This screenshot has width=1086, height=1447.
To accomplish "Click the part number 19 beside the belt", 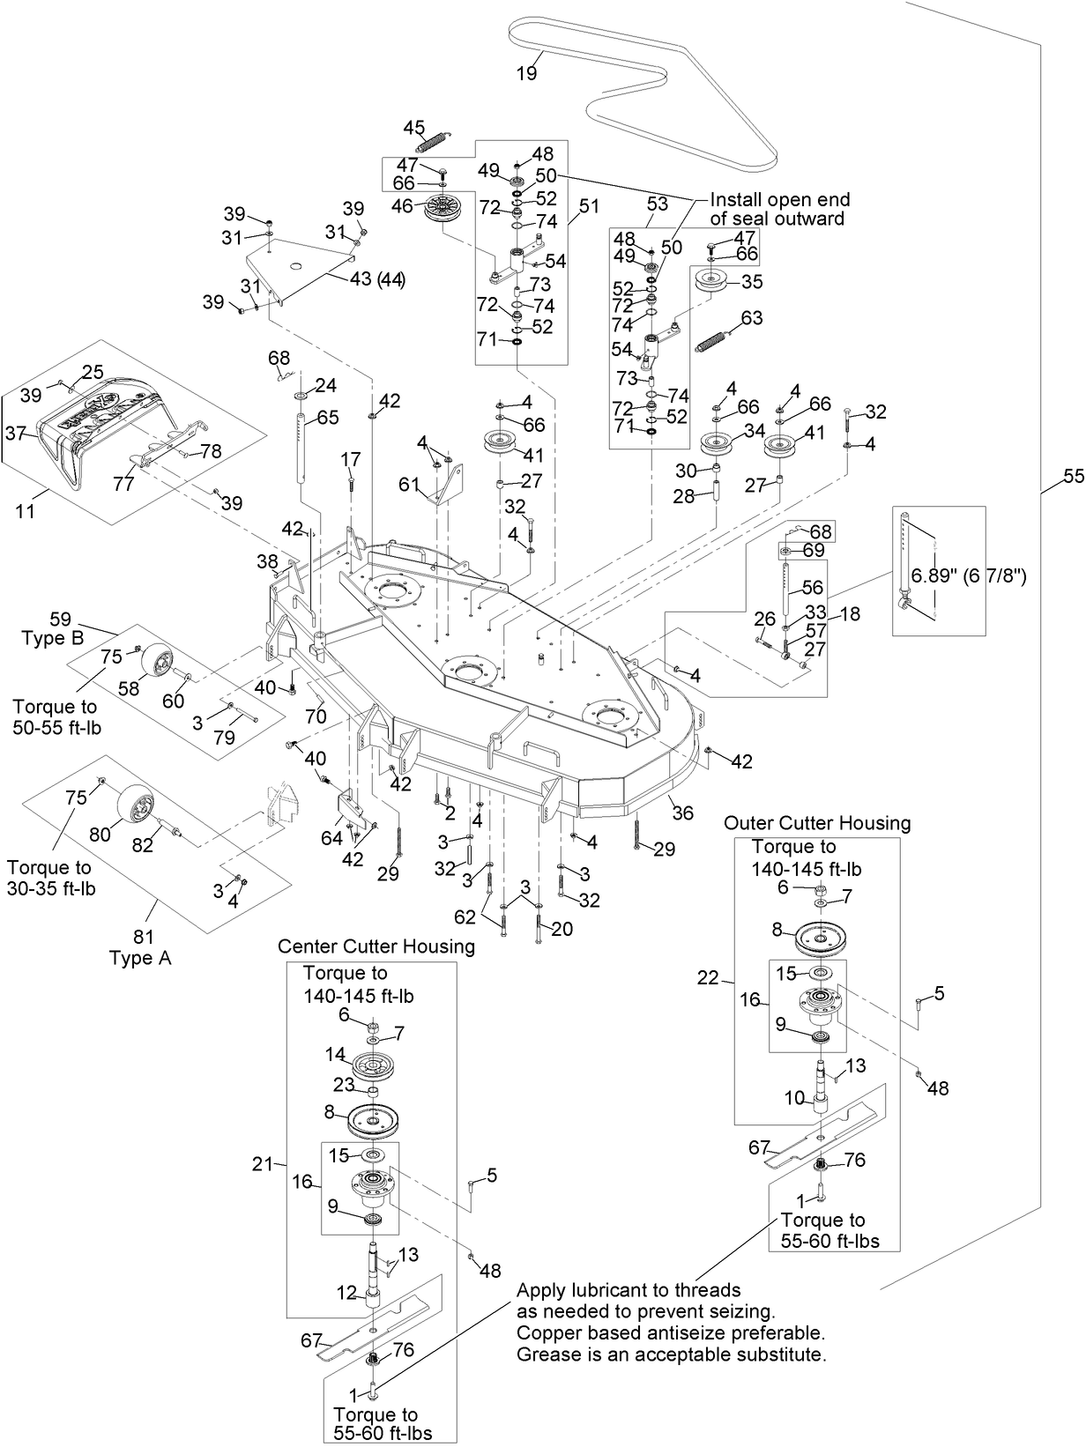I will pos(526,73).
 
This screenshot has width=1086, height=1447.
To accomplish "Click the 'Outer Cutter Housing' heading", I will pos(816,823).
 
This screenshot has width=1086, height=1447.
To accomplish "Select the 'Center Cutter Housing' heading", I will pos(376,946).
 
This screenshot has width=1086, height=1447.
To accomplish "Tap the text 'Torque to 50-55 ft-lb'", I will pos(55,716).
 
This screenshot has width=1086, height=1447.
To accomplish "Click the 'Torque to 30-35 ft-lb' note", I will pos(50,878).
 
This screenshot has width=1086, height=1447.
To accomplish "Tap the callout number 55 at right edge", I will pos(1072,477).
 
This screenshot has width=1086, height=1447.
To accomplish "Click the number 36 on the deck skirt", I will pos(683,813).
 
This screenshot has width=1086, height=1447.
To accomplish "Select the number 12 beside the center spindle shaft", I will pos(346,1293).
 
